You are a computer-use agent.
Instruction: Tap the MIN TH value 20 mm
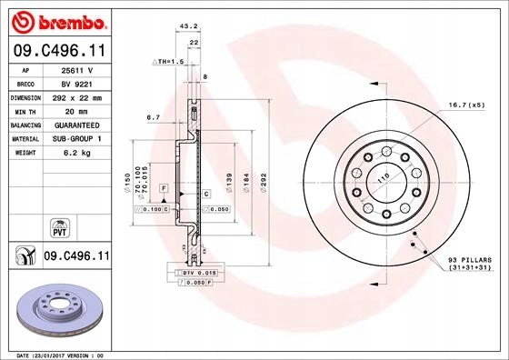click(75, 110)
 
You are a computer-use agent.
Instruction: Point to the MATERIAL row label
click(23, 139)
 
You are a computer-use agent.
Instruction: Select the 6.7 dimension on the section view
click(153, 117)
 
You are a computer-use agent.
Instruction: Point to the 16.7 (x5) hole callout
click(461, 106)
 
